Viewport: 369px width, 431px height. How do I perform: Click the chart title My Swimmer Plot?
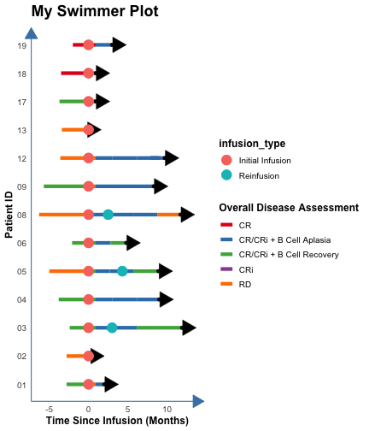tap(95, 12)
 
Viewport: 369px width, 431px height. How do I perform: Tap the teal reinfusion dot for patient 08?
tap(108, 215)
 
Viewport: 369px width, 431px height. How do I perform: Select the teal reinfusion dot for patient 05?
tap(122, 271)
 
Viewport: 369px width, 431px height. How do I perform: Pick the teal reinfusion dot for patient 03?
tap(112, 328)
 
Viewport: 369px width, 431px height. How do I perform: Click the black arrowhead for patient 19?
tap(119, 44)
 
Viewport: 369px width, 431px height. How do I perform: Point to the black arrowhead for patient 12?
tap(172, 158)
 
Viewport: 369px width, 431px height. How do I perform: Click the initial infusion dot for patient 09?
tap(89, 186)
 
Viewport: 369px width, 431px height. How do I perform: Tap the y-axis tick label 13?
tap(21, 131)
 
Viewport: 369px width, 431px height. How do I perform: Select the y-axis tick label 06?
tap(21, 244)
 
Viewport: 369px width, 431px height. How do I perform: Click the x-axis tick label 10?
tap(167, 410)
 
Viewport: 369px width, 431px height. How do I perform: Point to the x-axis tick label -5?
tap(49, 410)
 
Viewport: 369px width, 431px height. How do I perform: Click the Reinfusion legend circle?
tap(226, 175)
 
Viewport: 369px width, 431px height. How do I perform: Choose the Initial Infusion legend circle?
tap(226, 160)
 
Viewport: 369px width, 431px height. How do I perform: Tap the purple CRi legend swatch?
tap(226, 269)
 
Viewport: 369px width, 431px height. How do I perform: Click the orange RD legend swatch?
tap(226, 284)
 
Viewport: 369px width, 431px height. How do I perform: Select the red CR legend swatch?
tap(226, 225)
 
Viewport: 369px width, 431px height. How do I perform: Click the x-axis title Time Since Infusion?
tap(117, 421)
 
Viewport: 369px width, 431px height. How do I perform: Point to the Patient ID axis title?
tap(9, 215)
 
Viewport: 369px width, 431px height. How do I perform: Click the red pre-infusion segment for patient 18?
tap(73, 74)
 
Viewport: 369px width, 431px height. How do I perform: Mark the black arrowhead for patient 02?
tap(97, 356)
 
